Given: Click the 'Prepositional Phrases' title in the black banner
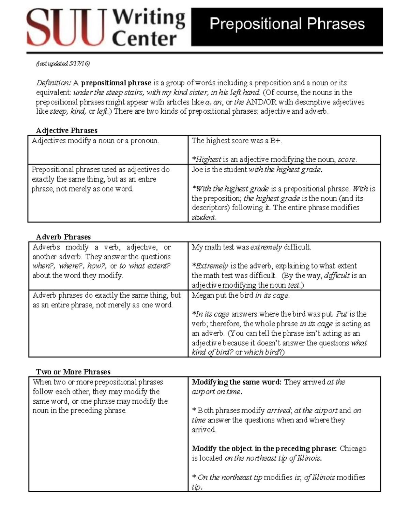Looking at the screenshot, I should (287, 24).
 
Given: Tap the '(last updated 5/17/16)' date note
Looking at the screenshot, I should (63, 63).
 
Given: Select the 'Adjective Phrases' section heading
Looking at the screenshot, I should (66, 130).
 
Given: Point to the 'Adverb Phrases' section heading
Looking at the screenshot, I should (63, 237).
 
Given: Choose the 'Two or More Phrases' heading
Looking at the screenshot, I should (73, 372).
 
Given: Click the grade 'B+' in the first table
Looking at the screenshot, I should (276, 141).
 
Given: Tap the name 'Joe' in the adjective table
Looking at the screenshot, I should (197, 170).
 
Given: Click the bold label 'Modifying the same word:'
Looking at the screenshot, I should (237, 382).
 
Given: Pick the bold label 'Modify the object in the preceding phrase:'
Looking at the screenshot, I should (264, 448).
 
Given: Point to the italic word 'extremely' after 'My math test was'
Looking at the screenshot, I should (266, 247).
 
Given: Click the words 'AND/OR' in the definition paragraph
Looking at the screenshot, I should (261, 102).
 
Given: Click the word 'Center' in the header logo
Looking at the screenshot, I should (144, 39).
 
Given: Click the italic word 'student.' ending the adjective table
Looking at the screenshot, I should (204, 217).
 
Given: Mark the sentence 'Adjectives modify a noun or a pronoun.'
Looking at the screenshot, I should (95, 141).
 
